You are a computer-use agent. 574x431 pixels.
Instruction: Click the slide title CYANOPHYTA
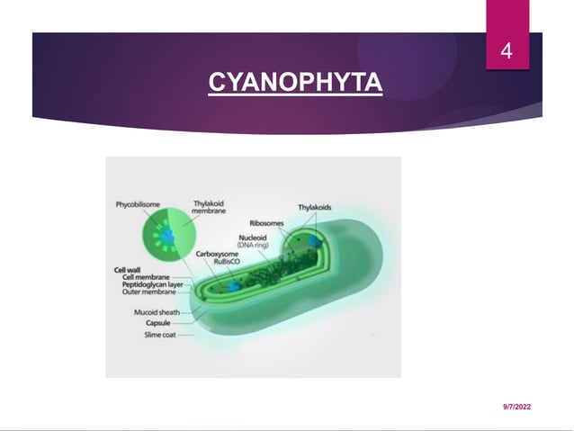[x=295, y=84]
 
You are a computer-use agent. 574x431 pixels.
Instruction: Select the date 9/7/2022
[x=516, y=408]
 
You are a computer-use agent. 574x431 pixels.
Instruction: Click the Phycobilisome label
[x=139, y=204]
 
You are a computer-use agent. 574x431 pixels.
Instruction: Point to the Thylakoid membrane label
[x=210, y=208]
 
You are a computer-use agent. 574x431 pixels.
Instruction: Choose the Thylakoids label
[x=315, y=207]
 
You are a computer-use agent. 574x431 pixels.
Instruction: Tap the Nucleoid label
[x=252, y=238]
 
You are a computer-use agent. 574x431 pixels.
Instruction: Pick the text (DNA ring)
[x=251, y=245]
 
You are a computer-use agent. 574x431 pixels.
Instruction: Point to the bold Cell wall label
[x=125, y=269]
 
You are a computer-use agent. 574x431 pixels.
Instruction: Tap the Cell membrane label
[x=147, y=276]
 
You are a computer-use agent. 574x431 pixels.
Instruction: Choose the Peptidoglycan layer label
[x=154, y=283]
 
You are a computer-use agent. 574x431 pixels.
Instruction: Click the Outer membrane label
[x=148, y=291]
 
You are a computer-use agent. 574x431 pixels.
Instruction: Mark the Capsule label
[x=146, y=323]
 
